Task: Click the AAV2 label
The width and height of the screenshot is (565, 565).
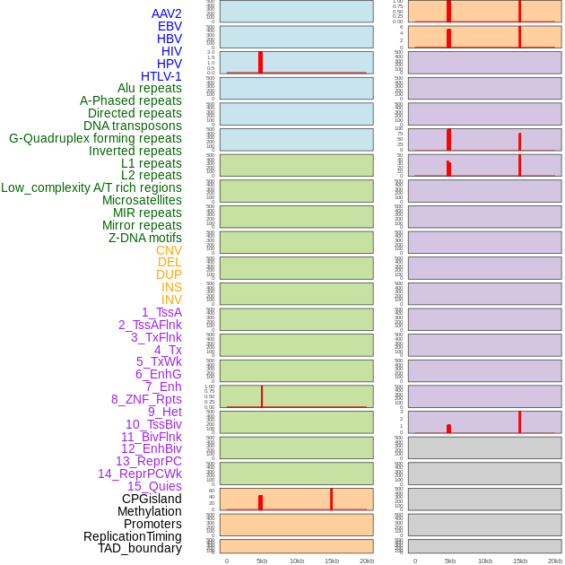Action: (x=167, y=13)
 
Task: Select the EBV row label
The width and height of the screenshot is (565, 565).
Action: (x=169, y=26)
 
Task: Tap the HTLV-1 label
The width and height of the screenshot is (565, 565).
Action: (x=161, y=76)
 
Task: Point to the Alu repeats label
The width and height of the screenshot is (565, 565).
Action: (x=150, y=88)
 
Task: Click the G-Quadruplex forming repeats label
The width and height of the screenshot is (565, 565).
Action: (x=95, y=138)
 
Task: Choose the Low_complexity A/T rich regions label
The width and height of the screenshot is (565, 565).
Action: (x=91, y=187)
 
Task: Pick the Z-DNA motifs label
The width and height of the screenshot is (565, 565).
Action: (x=145, y=238)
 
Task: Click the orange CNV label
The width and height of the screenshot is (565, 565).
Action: (x=169, y=250)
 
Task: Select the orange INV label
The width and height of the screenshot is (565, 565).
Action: (x=171, y=300)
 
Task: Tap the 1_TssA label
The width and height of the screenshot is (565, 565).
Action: (x=161, y=312)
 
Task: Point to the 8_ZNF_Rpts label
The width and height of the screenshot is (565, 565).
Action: (x=146, y=399)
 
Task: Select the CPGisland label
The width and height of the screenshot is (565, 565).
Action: (x=152, y=499)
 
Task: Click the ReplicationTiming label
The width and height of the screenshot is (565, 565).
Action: (x=133, y=536)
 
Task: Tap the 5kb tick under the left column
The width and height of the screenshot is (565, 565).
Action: (x=262, y=561)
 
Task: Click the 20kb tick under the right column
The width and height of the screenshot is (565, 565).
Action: (x=555, y=561)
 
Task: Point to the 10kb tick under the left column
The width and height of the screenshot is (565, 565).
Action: (x=297, y=561)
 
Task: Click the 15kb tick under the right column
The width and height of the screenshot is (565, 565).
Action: (x=520, y=561)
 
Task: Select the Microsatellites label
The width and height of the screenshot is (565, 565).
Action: (x=142, y=200)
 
